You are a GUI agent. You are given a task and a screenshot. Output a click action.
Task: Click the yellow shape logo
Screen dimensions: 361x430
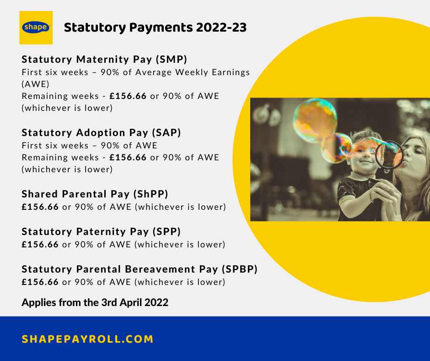(x=36, y=27)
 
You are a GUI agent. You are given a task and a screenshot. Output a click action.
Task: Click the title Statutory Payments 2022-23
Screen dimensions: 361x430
(x=155, y=27)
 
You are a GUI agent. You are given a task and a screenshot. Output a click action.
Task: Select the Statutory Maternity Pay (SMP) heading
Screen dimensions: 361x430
(x=104, y=60)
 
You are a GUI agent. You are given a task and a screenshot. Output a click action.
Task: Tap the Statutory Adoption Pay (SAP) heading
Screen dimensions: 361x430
(x=101, y=133)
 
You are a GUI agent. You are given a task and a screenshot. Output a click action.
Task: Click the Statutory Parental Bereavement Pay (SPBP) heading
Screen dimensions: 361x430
(x=140, y=269)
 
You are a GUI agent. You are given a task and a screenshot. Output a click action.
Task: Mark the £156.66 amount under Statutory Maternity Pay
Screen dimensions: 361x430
(x=128, y=96)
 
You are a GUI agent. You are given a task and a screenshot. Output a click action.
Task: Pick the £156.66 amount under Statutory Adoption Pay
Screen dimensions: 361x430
(x=128, y=157)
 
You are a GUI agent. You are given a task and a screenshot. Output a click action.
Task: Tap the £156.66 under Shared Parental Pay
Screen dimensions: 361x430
(x=40, y=207)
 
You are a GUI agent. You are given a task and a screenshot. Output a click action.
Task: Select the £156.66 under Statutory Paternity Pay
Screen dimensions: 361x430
(x=40, y=244)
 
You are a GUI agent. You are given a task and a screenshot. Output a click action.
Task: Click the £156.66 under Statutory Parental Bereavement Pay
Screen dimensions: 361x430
(x=40, y=282)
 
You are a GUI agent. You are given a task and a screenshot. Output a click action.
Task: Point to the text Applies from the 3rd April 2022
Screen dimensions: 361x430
(x=95, y=302)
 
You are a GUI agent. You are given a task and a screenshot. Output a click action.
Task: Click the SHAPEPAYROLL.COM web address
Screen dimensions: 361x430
(x=87, y=339)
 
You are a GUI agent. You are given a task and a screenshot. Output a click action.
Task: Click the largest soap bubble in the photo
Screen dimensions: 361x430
(x=315, y=120)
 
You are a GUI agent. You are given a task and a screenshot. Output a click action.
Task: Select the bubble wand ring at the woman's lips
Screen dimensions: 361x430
(x=389, y=155)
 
